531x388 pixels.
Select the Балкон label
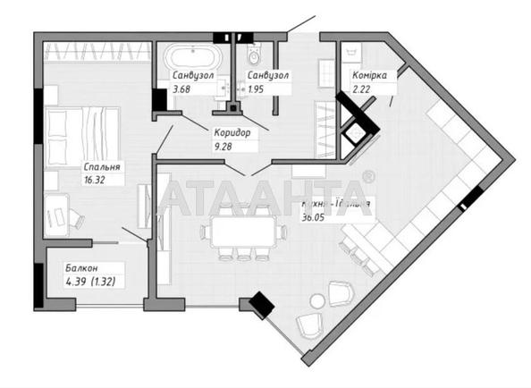point(81,267)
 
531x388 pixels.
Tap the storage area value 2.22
point(364,89)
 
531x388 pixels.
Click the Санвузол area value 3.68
point(183,88)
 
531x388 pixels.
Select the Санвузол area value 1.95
point(259,88)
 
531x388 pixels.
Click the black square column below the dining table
point(261,306)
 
